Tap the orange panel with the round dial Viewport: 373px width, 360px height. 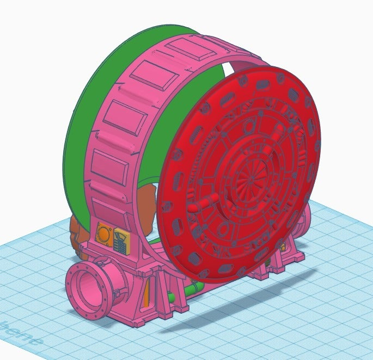[103, 233]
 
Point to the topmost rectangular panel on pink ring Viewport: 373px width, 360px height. [187, 49]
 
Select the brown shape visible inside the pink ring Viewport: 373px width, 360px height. [146, 198]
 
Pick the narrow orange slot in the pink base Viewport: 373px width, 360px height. [145, 294]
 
